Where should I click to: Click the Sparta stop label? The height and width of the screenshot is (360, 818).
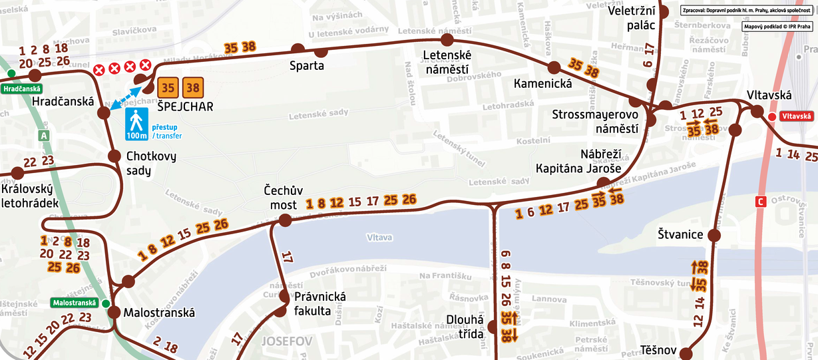(x=307, y=66)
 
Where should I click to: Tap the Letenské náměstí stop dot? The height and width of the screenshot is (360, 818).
(x=447, y=40)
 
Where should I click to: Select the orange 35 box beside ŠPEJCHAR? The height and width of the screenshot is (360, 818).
(x=168, y=87)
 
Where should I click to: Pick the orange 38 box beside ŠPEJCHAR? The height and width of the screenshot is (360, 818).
(x=194, y=87)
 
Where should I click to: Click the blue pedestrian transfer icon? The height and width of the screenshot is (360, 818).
(x=136, y=125)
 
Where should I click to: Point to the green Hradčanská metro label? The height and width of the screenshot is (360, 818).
(x=22, y=89)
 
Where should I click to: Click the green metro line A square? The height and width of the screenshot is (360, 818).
(x=45, y=135)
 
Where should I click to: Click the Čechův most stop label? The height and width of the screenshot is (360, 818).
(x=283, y=198)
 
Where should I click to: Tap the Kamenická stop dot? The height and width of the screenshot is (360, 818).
(x=553, y=67)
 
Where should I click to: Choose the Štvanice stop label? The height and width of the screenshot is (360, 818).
(x=681, y=235)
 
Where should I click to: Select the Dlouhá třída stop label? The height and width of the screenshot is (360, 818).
(x=464, y=327)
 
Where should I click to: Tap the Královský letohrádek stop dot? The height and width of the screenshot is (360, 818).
(x=17, y=173)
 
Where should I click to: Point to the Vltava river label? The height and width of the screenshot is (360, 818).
(x=380, y=237)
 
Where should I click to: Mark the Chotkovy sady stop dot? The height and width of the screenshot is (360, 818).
(x=114, y=156)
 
